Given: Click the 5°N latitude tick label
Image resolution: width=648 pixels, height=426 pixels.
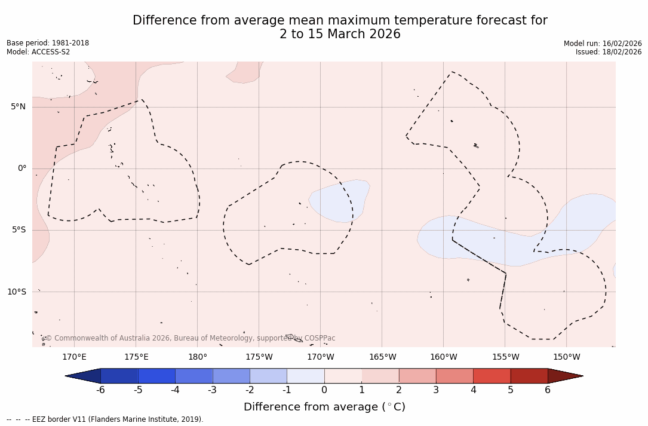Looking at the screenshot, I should tap(18, 107).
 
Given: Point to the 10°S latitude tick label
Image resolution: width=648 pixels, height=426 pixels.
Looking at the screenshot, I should tap(16, 292).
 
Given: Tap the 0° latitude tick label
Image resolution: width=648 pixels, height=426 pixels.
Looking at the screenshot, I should tap(22, 168).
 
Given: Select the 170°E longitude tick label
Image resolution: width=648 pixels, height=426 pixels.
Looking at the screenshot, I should tap(74, 357).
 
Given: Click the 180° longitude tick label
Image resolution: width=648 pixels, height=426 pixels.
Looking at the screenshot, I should tap(198, 357).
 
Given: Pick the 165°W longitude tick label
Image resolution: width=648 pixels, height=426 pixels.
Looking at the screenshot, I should tap(382, 357).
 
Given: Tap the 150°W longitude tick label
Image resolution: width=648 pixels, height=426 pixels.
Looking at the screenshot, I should tap(567, 357).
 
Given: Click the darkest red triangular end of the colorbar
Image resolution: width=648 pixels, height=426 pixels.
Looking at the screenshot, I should tap(565, 376).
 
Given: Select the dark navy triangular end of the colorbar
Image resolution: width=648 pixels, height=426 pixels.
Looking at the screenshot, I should tap(83, 376).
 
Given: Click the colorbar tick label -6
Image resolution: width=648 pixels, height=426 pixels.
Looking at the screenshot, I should tap(100, 390).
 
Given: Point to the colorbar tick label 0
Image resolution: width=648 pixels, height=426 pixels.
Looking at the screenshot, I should tap(324, 390).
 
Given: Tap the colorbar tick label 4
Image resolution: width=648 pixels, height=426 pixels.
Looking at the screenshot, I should tap(473, 390).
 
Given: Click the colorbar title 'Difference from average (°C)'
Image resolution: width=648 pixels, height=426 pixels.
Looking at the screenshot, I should tap(324, 407).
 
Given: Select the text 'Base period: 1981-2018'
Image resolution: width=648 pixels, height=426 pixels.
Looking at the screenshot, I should tap(48, 43).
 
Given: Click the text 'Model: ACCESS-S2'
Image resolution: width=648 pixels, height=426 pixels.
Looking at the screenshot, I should tap(38, 52).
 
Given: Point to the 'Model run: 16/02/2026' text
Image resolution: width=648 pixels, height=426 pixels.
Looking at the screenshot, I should tap(603, 43).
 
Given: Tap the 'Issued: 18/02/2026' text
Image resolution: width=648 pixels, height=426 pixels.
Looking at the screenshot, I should tap(609, 52).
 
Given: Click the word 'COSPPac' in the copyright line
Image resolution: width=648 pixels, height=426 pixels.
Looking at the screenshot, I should tap(320, 338).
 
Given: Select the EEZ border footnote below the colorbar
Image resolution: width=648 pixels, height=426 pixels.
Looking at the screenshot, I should tap(105, 419).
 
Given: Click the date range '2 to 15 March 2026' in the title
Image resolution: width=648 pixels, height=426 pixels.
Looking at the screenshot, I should tap(340, 35).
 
